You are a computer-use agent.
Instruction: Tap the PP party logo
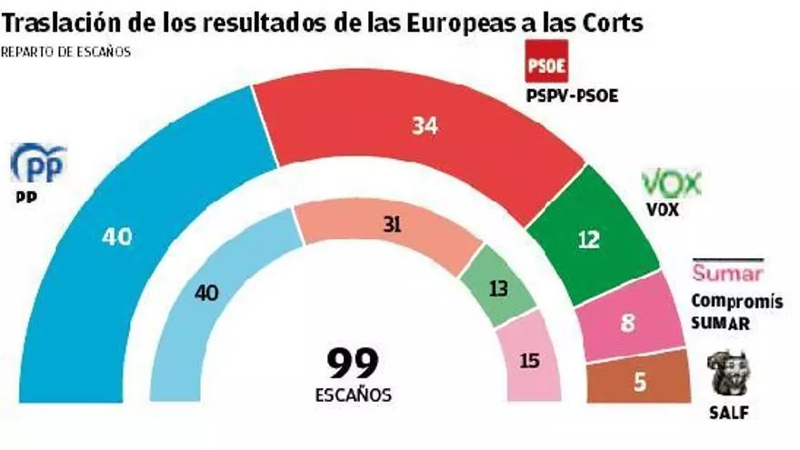[x=38, y=165]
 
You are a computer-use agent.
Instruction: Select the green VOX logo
[x=671, y=185]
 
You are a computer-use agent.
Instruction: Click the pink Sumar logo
[x=728, y=272]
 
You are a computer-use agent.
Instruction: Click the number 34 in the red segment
[x=424, y=126]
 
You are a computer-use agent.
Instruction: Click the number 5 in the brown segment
[x=640, y=384]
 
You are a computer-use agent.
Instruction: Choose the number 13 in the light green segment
[x=497, y=289]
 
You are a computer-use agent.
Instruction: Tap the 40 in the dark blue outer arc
[x=116, y=237]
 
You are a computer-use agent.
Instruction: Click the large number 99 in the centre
[x=353, y=364]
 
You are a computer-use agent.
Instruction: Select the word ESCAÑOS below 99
[x=354, y=395]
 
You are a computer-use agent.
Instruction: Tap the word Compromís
[x=735, y=302]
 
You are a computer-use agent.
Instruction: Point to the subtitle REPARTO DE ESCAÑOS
[x=65, y=52]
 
